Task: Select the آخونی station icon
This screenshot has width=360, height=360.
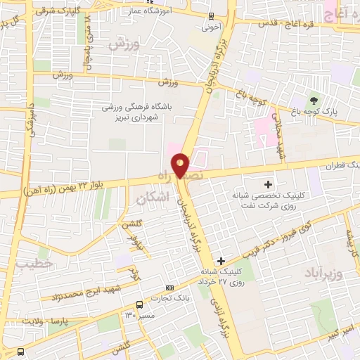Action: click(212, 16)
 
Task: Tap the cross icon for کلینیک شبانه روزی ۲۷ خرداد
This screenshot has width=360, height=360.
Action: click(221, 260)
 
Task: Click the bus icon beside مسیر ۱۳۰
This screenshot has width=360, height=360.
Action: click(140, 304)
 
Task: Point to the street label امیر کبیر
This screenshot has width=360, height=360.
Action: click(340, 331)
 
